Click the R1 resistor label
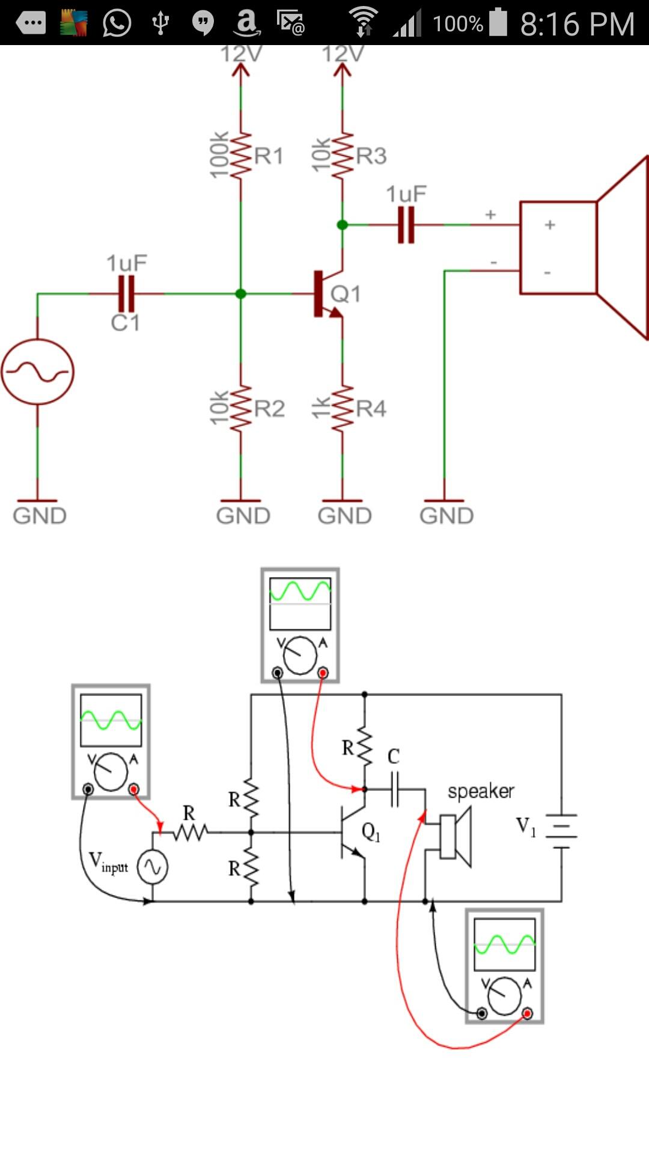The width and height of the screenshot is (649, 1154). (x=269, y=156)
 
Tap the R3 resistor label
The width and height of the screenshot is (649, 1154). (x=371, y=156)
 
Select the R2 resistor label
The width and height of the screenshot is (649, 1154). (x=269, y=409)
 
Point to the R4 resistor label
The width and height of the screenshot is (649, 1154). (x=371, y=409)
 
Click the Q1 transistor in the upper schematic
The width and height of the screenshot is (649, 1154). (x=328, y=294)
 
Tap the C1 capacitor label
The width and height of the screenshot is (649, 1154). (x=125, y=323)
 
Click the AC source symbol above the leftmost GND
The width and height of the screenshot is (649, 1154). (x=37, y=371)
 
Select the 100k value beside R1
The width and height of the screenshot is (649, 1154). (x=219, y=154)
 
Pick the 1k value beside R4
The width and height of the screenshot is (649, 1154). (x=321, y=408)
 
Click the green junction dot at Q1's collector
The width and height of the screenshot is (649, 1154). (x=342, y=225)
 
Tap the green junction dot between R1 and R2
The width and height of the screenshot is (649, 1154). (x=240, y=294)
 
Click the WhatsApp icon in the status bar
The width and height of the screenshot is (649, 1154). (x=117, y=23)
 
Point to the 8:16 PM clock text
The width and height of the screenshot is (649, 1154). (x=577, y=24)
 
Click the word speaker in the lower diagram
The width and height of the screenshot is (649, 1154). (x=481, y=792)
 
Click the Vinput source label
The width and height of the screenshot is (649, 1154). (x=108, y=862)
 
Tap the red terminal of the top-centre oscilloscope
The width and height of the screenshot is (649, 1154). (x=323, y=673)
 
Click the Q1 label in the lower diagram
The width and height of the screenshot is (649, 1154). (x=371, y=832)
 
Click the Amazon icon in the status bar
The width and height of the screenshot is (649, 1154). (x=246, y=23)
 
